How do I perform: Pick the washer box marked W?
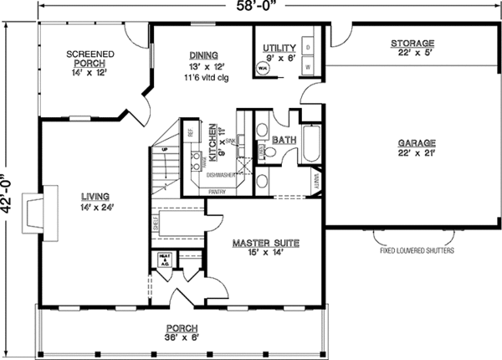coord(307,65)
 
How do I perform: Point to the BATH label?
coord(284,140)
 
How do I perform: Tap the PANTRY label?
coord(217,190)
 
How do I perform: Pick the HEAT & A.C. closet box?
coord(162,262)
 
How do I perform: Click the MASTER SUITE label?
coord(265,243)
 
